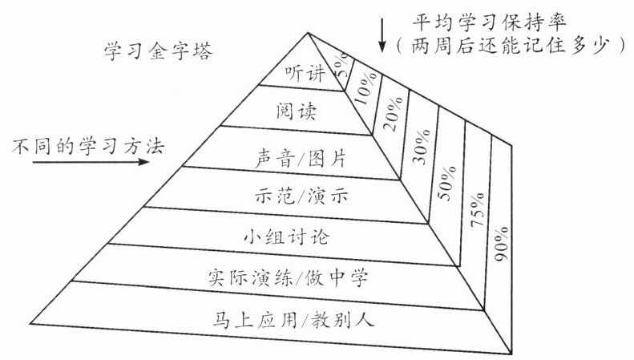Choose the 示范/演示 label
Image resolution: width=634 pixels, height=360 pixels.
click(303, 195)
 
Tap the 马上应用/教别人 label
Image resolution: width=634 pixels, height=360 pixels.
click(301, 321)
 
